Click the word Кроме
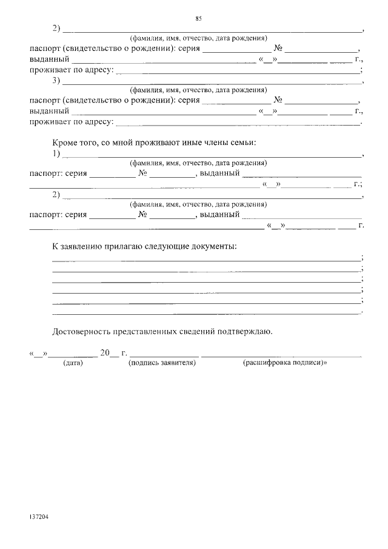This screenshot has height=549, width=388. [65, 143]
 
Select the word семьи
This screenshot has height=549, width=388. [241, 143]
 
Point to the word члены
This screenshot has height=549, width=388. [207, 143]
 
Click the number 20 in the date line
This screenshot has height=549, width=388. [105, 352]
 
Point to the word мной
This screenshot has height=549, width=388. [113, 143]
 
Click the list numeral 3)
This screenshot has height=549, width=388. [56, 80]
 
